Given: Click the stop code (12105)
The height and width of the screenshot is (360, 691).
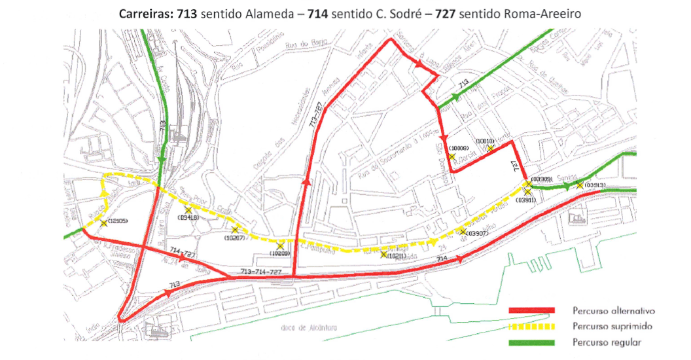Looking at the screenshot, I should point(119,221).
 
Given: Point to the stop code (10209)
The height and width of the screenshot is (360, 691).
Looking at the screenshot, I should point(279,253).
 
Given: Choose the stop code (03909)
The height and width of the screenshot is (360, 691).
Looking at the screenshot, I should point(542,179).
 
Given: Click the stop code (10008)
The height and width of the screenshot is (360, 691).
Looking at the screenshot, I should point(458,149).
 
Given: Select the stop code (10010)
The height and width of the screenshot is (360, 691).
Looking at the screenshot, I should point(484,141).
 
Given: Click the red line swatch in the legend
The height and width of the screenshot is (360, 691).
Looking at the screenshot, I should point(531,310).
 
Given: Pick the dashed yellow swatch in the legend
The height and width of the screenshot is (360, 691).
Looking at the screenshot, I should point(531,326).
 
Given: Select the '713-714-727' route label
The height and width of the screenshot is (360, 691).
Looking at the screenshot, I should point(261,270).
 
